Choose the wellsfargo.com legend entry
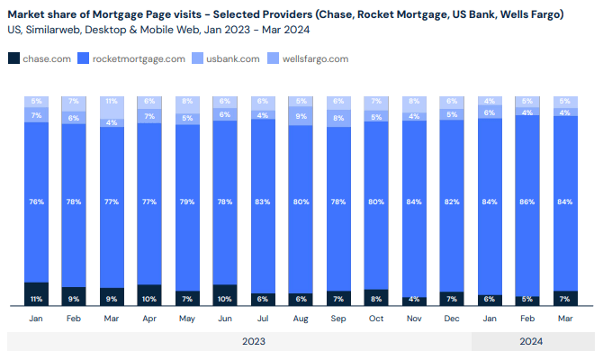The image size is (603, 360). pyautogui.click(x=314, y=58)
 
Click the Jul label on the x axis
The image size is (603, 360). pyautogui.click(x=263, y=318)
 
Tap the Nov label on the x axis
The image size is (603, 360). pyautogui.click(x=414, y=318)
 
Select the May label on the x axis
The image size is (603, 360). pyautogui.click(x=187, y=318)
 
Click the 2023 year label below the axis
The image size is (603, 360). pyautogui.click(x=254, y=341)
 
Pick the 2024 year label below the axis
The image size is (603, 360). pyautogui.click(x=531, y=341)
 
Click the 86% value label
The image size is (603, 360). pyautogui.click(x=527, y=202)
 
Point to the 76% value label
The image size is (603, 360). pyautogui.click(x=36, y=202)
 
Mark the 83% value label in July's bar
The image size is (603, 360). pyautogui.click(x=263, y=202)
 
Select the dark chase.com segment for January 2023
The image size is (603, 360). pyautogui.click(x=36, y=294)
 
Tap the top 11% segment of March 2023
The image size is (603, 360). pyautogui.click(x=112, y=102)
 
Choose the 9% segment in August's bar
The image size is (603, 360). pyautogui.click(x=301, y=116)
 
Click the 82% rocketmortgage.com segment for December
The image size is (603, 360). pyautogui.click(x=452, y=202)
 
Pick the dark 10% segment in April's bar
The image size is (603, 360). pyautogui.click(x=149, y=295)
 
